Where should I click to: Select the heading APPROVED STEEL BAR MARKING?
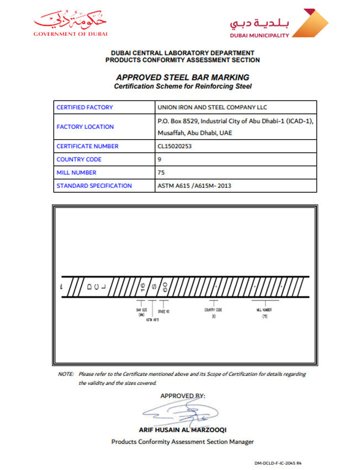tap(182, 77)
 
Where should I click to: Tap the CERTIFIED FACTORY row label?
tap(84, 107)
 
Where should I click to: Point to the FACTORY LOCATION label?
tap(85, 126)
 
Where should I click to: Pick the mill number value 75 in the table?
tap(161, 172)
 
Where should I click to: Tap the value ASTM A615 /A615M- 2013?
tap(194, 186)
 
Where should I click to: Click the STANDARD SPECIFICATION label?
tap(94, 186)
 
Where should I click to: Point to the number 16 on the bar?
tap(142, 287)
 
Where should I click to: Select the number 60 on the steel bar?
tap(165, 287)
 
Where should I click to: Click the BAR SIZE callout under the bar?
tap(141, 312)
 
